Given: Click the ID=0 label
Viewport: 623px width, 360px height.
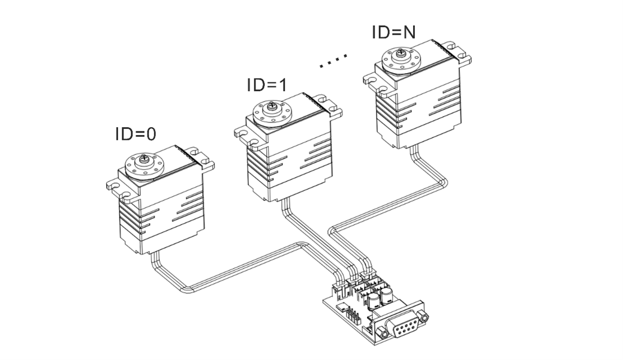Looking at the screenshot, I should [x=136, y=134].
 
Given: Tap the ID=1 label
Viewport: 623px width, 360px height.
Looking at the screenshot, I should [x=267, y=85].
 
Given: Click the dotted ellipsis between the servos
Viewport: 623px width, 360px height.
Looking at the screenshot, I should [x=333, y=61].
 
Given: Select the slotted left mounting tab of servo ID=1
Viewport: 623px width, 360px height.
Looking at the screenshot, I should [x=245, y=128].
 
